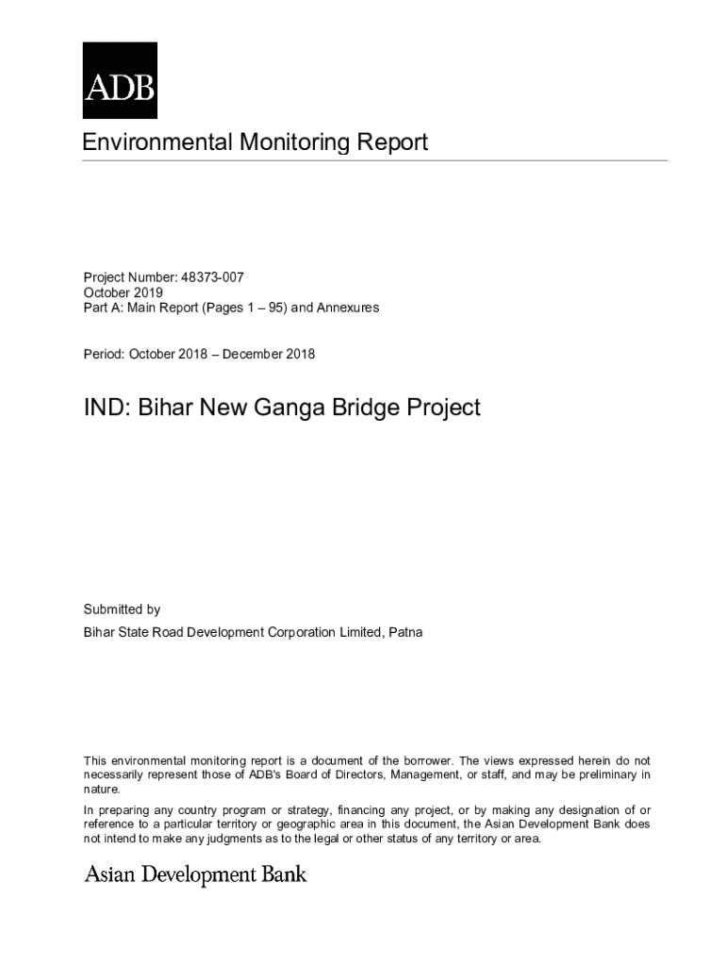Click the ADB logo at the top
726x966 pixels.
coord(120,80)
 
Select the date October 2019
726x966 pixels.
coord(123,292)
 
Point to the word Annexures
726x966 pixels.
coord(349,308)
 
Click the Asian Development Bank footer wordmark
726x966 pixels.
coord(196,874)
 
